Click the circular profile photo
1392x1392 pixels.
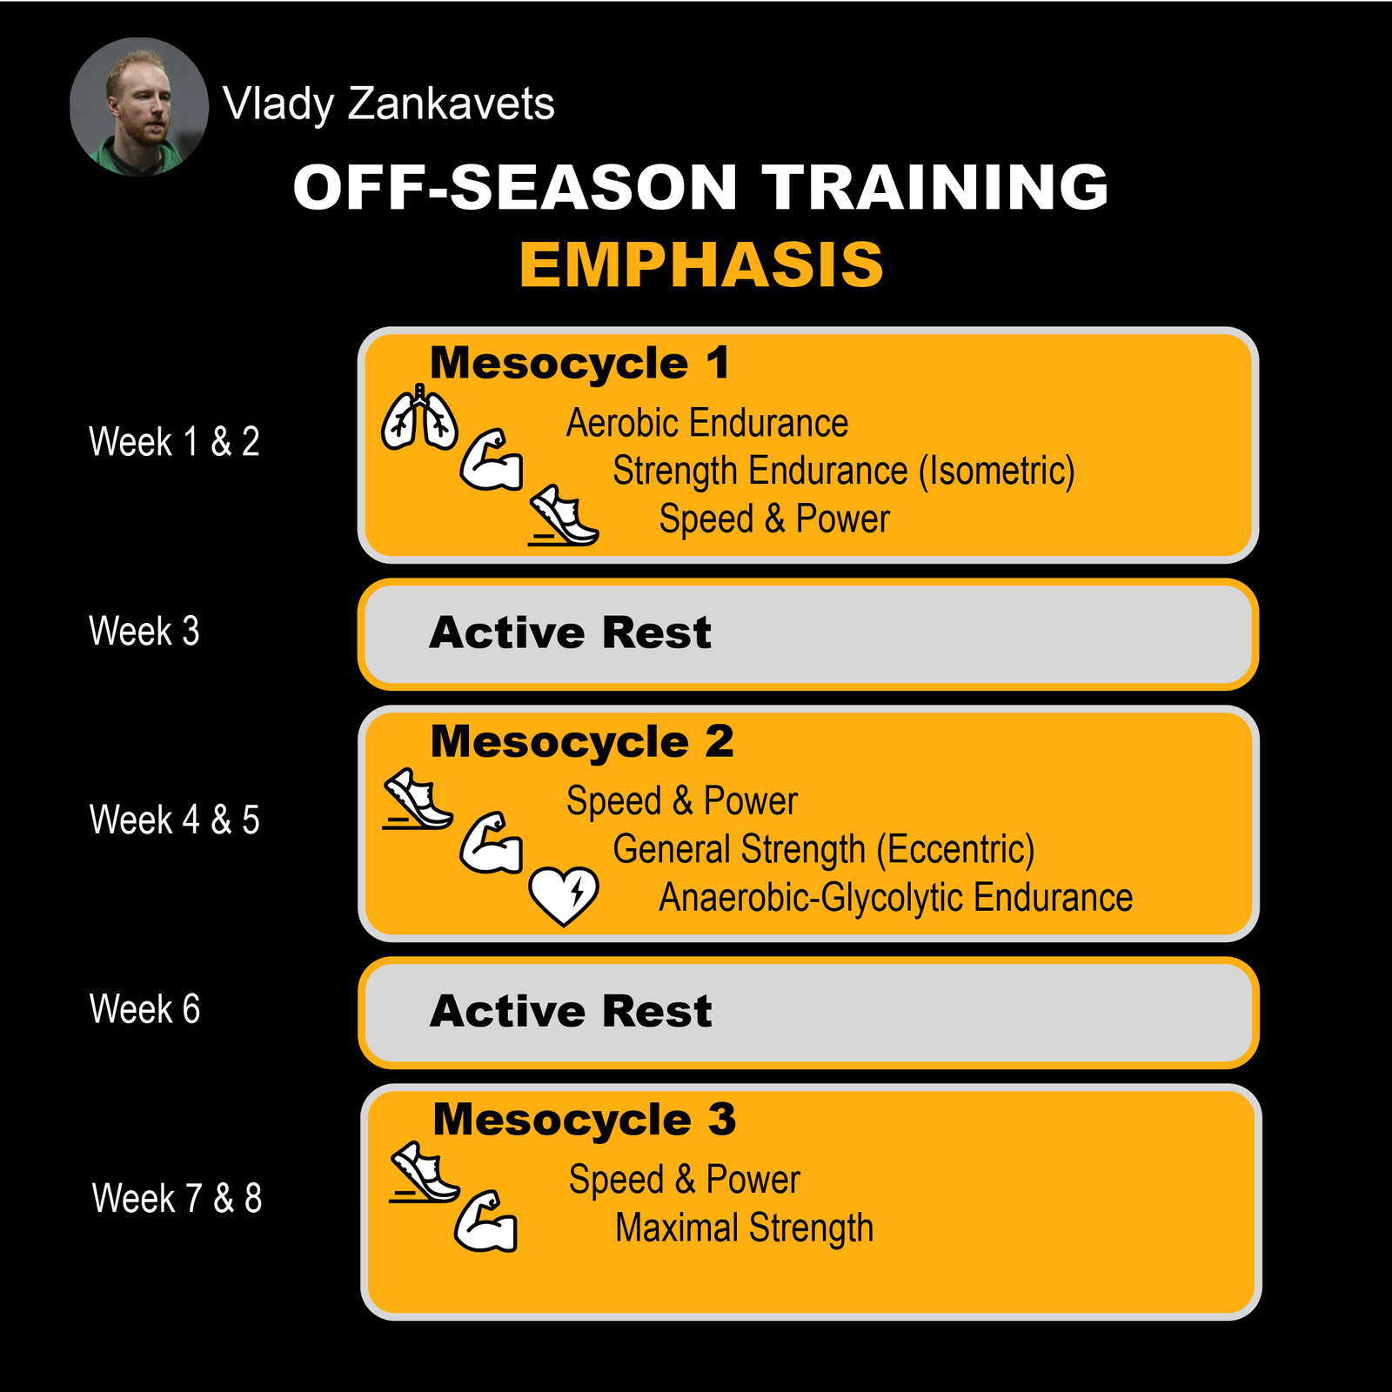(x=139, y=107)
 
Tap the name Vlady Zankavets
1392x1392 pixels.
(x=388, y=104)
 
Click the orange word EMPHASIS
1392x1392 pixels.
(x=701, y=264)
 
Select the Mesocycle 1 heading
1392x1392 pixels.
(x=579, y=363)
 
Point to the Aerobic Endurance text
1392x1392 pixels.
(x=707, y=424)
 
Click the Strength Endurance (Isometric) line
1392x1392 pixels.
(x=844, y=472)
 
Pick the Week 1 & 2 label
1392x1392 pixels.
(x=174, y=442)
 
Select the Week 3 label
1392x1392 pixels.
(x=144, y=632)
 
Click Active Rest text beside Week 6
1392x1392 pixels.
(x=571, y=1012)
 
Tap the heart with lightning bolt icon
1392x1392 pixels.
(x=564, y=895)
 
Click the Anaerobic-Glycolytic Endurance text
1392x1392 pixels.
(x=895, y=898)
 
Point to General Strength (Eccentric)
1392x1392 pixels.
(x=824, y=850)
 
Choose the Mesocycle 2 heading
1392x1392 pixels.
(x=582, y=742)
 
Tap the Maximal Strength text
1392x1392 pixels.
(x=744, y=1228)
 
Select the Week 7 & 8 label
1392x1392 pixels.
(x=177, y=1199)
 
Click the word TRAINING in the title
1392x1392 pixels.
(x=935, y=187)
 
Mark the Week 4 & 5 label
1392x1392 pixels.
(x=174, y=820)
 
